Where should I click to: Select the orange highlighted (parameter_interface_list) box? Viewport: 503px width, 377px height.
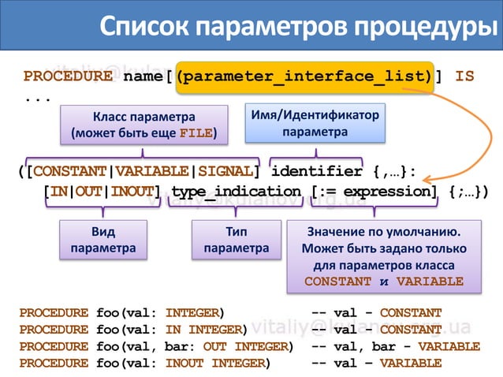pos(305,77)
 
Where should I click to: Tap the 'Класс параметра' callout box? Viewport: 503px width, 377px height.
pos(144,125)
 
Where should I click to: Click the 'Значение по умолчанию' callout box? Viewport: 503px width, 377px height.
pos(383,256)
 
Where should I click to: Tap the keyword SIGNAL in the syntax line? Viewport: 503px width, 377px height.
pos(227,171)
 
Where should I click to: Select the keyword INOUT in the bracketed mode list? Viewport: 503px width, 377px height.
pos(131,192)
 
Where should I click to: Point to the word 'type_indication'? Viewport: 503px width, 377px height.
pos(237,192)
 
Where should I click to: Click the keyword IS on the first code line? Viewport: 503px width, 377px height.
pos(465,77)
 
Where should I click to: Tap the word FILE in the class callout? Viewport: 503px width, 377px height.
pos(196,133)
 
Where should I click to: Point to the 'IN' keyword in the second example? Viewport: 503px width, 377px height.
pos(174,329)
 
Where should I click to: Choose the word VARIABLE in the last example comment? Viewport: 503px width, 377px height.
pos(411,364)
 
